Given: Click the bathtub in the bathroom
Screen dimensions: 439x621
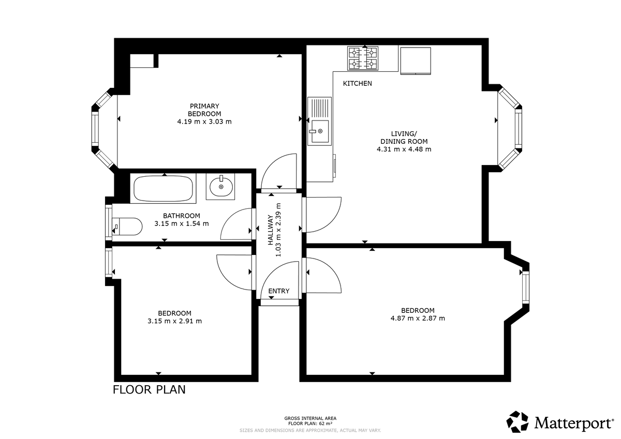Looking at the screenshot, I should pyautogui.click(x=164, y=189).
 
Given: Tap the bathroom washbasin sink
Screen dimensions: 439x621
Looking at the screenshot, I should pyautogui.click(x=221, y=186).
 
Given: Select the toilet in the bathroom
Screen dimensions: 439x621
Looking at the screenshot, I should pyautogui.click(x=127, y=226).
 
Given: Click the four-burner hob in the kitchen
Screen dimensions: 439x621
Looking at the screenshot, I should pyautogui.click(x=363, y=58).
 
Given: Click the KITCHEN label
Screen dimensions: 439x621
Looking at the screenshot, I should pyautogui.click(x=357, y=83).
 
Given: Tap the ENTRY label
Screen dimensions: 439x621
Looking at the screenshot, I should pyautogui.click(x=279, y=291).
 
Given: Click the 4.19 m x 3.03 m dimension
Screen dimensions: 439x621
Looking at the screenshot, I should pyautogui.click(x=204, y=122).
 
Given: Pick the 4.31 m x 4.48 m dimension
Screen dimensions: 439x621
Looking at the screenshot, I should pyautogui.click(x=404, y=149).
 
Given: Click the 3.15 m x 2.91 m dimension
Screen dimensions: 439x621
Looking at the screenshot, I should pyautogui.click(x=174, y=321).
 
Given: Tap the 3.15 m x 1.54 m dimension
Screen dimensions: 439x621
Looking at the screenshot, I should pyautogui.click(x=181, y=224).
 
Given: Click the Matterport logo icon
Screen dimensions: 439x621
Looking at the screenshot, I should pyautogui.click(x=517, y=421).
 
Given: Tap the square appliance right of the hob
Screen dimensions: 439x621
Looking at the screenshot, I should pyautogui.click(x=416, y=60).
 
